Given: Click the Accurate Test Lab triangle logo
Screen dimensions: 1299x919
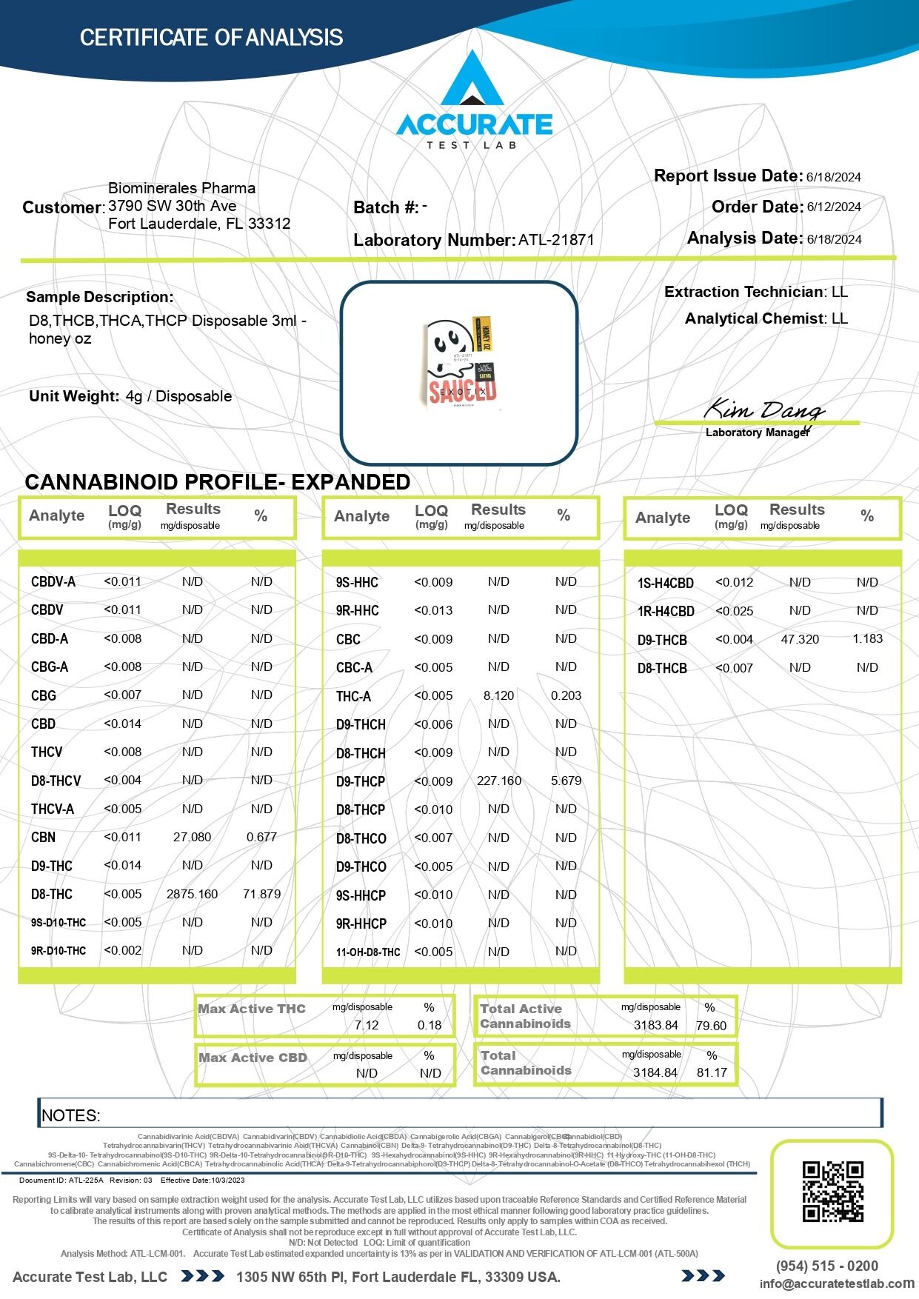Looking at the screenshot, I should tap(472, 80).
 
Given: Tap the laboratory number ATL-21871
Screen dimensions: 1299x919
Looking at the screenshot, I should tap(555, 240).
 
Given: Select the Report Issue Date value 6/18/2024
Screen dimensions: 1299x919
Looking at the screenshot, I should tap(834, 177).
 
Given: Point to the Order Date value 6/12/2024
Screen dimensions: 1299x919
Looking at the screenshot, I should tap(834, 207).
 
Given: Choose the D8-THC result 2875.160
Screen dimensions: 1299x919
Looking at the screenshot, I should tap(192, 894).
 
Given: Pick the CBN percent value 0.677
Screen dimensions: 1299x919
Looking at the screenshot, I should tap(261, 837).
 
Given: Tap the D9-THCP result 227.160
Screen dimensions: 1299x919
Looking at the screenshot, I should tap(498, 781).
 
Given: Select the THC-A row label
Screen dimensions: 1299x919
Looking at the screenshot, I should tap(353, 696).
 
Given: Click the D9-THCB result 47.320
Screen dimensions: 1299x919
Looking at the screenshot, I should tap(800, 639).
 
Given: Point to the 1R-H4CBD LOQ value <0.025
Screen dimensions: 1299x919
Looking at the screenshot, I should tap(735, 611).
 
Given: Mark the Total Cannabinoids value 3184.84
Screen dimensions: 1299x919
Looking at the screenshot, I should tap(655, 1072).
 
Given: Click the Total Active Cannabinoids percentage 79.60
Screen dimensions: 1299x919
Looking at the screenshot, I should tap(711, 1026).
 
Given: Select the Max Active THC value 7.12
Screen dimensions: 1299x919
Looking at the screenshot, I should tap(367, 1025).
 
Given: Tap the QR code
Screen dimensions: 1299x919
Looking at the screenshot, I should tap(832, 1192).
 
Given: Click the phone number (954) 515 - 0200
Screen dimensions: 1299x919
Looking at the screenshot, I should tap(826, 1266).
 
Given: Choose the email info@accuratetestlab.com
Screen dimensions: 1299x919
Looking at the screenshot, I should tap(837, 1283).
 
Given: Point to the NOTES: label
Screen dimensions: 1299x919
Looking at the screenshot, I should tap(71, 1115).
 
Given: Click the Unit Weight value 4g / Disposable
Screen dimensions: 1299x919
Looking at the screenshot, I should tap(178, 396).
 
